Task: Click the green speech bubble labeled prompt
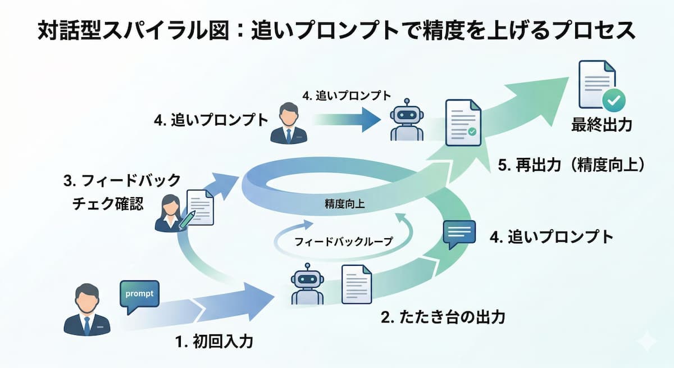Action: [x=139, y=295]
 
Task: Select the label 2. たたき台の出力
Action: [x=443, y=317]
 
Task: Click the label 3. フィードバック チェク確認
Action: [x=122, y=192]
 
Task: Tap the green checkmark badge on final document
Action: [x=613, y=101]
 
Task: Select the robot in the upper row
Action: [x=406, y=120]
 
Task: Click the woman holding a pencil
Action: [x=170, y=212]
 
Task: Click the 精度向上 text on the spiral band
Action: [x=344, y=204]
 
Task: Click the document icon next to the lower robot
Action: [x=357, y=284]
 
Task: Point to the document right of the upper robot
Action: [x=463, y=122]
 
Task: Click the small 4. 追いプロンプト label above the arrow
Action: [x=346, y=96]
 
